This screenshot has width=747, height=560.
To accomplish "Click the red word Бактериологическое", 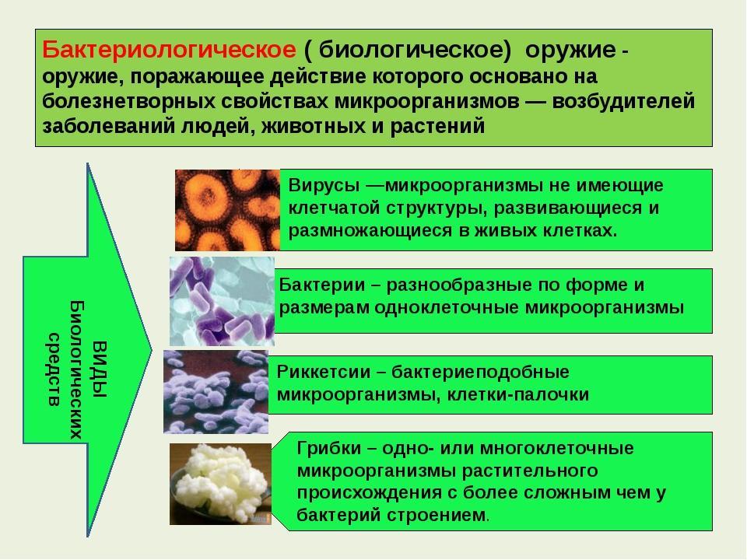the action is [169, 50].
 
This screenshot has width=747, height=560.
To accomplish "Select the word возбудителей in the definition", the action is [623, 101].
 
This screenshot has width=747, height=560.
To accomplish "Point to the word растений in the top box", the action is [437, 126].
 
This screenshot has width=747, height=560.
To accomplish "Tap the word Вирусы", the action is [324, 185].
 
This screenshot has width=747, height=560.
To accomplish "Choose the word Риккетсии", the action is [324, 372].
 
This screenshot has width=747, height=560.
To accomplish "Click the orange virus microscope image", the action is [227, 210].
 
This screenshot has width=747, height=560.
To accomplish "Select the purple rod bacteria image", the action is [222, 302].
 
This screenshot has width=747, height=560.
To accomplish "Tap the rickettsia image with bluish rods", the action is [216, 392].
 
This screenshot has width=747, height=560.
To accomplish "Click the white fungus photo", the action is [220, 484].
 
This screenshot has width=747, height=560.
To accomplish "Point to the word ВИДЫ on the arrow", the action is [100, 369].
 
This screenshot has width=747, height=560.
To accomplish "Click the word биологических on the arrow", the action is [77, 369].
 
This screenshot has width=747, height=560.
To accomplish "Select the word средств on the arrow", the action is [54, 369].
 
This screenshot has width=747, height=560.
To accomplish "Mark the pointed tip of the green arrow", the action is [151, 351].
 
